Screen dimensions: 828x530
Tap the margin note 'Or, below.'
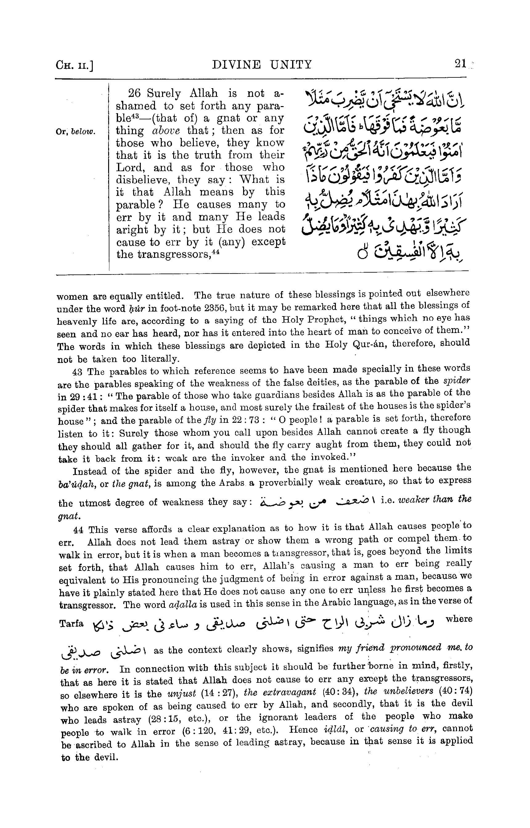tap(75, 132)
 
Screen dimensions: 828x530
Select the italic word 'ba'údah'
tap(77, 484)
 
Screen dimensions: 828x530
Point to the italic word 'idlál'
tap(336, 730)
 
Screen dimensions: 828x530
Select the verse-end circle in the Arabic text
tap(362, 254)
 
